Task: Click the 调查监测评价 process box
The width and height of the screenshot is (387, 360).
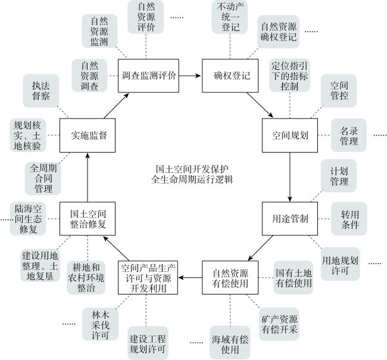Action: click(x=148, y=76)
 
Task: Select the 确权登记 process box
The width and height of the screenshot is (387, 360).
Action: click(x=230, y=76)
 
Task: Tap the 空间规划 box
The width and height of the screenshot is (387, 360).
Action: click(x=290, y=135)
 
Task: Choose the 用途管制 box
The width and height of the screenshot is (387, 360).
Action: click(x=290, y=219)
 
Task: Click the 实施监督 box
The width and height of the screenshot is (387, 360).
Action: click(x=88, y=135)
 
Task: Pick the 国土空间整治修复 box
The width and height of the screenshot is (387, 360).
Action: click(x=88, y=219)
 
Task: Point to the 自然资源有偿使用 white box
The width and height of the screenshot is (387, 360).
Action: click(x=230, y=278)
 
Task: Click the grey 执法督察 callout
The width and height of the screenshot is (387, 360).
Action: click(x=41, y=91)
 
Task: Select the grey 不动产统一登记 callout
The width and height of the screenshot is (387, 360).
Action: click(x=230, y=17)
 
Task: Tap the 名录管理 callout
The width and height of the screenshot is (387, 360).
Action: click(x=349, y=135)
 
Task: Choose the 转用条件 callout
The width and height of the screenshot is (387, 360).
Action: click(x=349, y=219)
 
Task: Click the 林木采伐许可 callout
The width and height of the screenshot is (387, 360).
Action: click(x=100, y=324)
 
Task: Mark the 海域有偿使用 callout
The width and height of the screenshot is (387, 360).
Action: click(x=230, y=343)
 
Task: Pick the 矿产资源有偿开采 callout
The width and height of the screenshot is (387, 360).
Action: click(x=279, y=324)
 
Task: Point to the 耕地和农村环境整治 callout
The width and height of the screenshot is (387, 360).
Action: click(x=86, y=278)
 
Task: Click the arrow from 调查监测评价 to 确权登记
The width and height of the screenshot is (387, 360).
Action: click(x=190, y=76)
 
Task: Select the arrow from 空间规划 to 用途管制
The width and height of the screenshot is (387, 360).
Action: click(x=290, y=177)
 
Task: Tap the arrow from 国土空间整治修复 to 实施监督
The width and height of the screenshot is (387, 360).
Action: click(x=88, y=178)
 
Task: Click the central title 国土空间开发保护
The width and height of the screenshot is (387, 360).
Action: click(x=192, y=169)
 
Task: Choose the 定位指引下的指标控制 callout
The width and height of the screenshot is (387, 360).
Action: click(x=289, y=76)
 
